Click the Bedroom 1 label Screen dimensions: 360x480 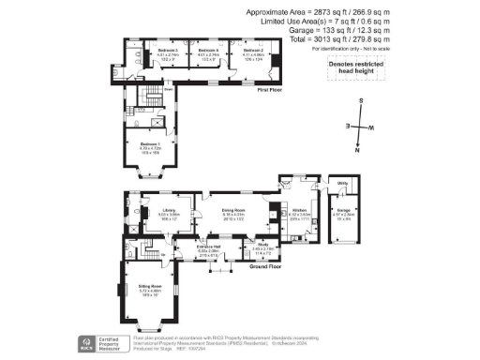click(152, 143)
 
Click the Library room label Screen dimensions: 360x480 click(169, 210)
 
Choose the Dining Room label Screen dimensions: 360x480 click(233, 210)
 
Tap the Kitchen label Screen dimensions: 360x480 click(299, 211)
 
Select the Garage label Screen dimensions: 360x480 click(344, 212)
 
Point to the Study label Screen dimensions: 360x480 click(263, 246)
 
